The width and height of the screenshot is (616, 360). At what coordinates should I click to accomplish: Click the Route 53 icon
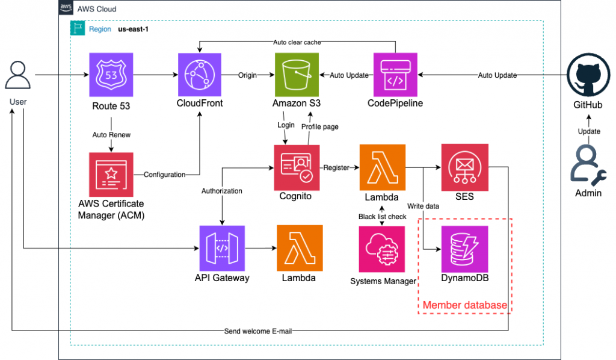(111, 75)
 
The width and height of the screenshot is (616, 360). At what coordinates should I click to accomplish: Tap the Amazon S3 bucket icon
(296, 75)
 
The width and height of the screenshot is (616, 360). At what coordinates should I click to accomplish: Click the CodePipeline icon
(395, 75)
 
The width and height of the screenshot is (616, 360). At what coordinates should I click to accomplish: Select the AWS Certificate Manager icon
(111, 174)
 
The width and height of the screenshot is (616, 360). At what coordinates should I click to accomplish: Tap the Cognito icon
(296, 167)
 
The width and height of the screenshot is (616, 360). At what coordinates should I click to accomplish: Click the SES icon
(463, 167)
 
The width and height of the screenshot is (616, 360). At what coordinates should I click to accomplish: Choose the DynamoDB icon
(463, 248)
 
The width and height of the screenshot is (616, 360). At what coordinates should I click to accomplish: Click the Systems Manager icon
(383, 248)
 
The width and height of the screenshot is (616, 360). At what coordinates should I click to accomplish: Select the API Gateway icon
(221, 247)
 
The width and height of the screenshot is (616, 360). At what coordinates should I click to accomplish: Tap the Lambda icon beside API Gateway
(299, 247)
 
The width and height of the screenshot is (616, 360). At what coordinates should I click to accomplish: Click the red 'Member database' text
(464, 305)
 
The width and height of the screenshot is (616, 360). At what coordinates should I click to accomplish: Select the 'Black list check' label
(383, 216)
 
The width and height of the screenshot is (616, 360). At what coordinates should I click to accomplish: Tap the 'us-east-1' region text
(132, 29)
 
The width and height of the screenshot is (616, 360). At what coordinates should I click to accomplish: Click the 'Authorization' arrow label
(221, 191)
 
